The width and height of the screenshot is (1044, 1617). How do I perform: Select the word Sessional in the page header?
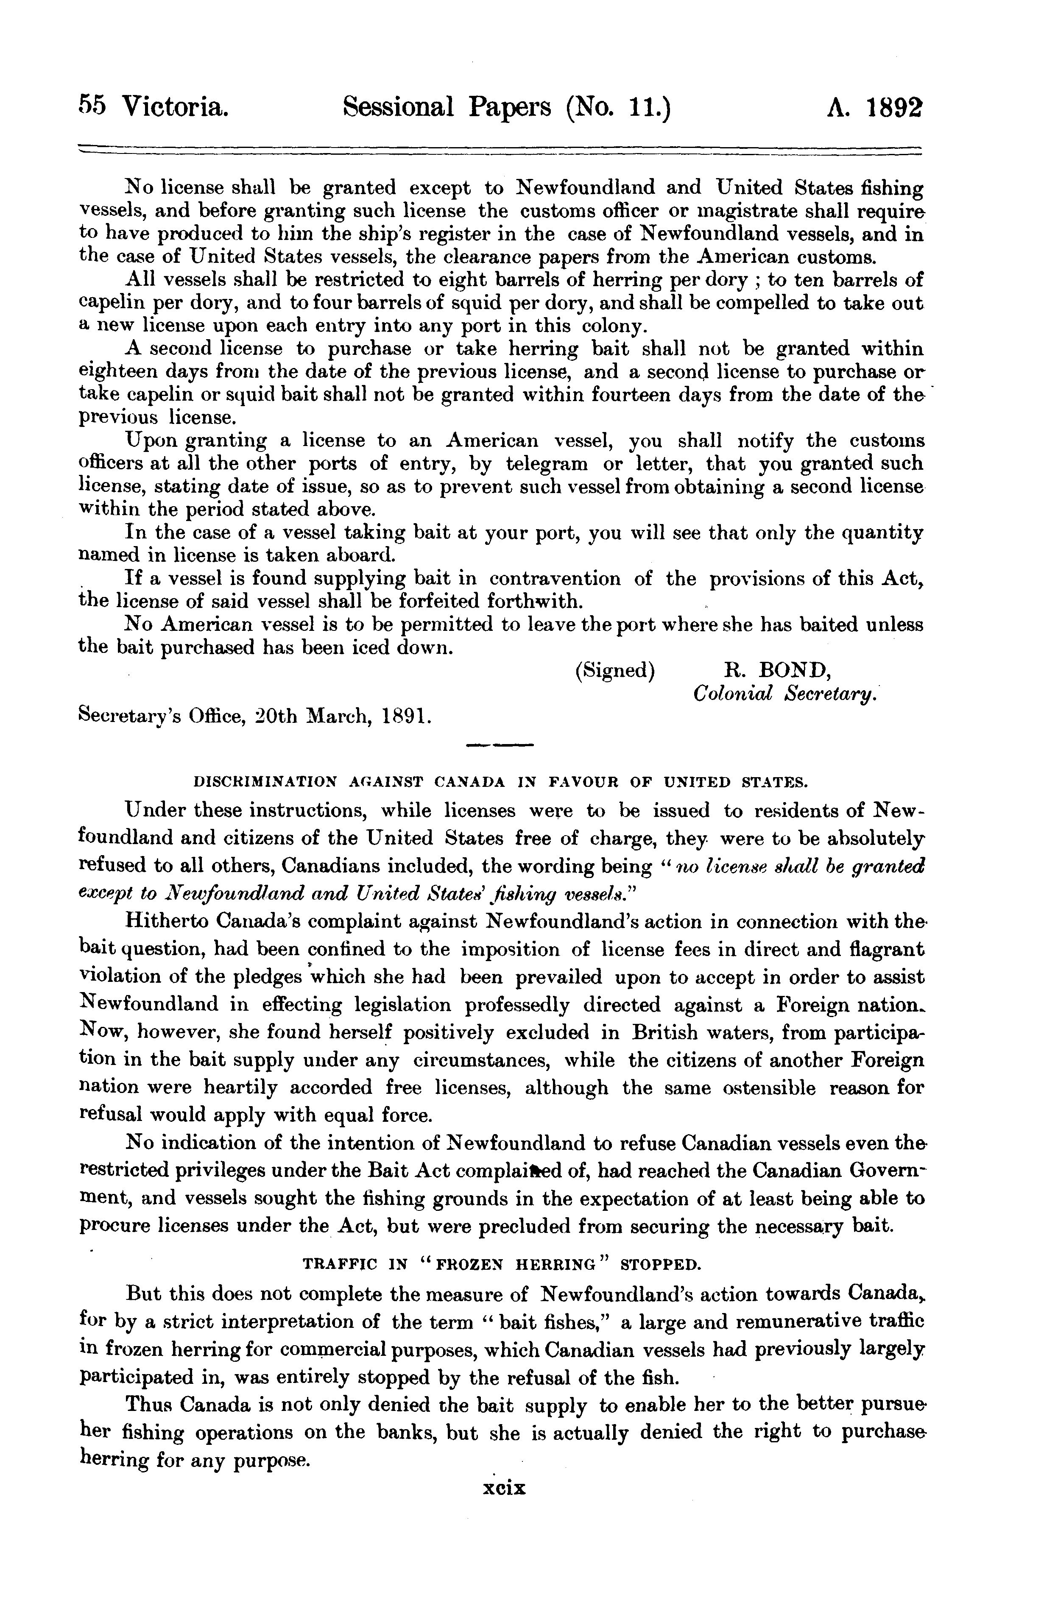click(x=396, y=107)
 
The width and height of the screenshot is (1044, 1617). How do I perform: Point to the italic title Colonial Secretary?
click(x=785, y=694)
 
